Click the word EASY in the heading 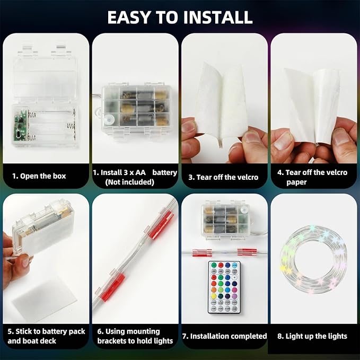click(129, 17)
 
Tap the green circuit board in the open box click(20, 125)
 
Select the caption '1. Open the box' click(39, 176)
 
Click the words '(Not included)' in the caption click(129, 182)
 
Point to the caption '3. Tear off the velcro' click(223, 177)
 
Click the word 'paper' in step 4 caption click(296, 182)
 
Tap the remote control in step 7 click(224, 287)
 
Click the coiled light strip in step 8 click(313, 259)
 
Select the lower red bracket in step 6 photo click(113, 286)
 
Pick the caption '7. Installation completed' click(225, 336)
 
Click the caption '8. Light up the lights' click(312, 336)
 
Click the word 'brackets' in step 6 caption click(112, 341)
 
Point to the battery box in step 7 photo click(225, 221)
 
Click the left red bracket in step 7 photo click(202, 252)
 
